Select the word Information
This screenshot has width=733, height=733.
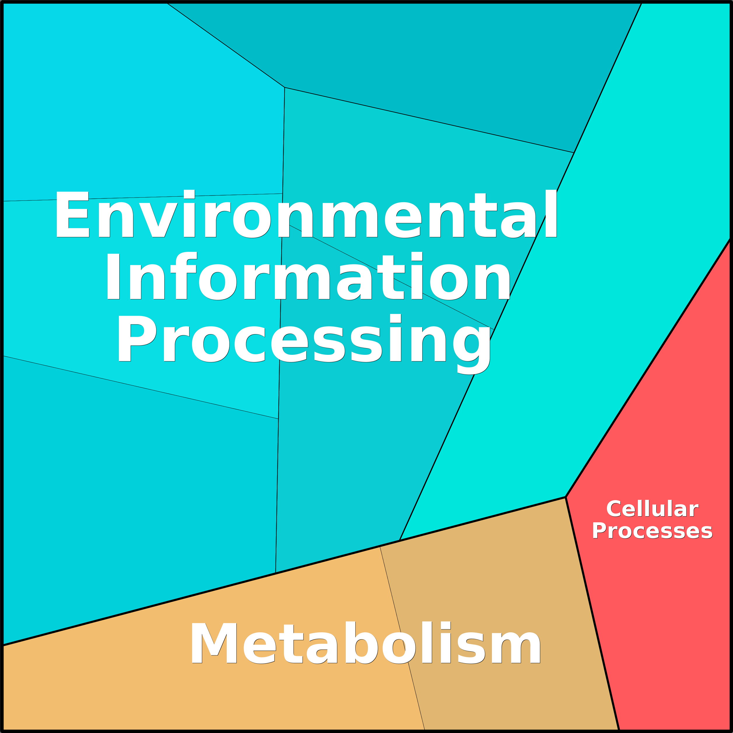pos(308,276)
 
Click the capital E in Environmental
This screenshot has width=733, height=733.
pos(72,214)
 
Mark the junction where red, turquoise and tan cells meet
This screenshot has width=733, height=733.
pos(565,497)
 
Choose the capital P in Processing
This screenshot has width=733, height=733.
pos(137,338)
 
